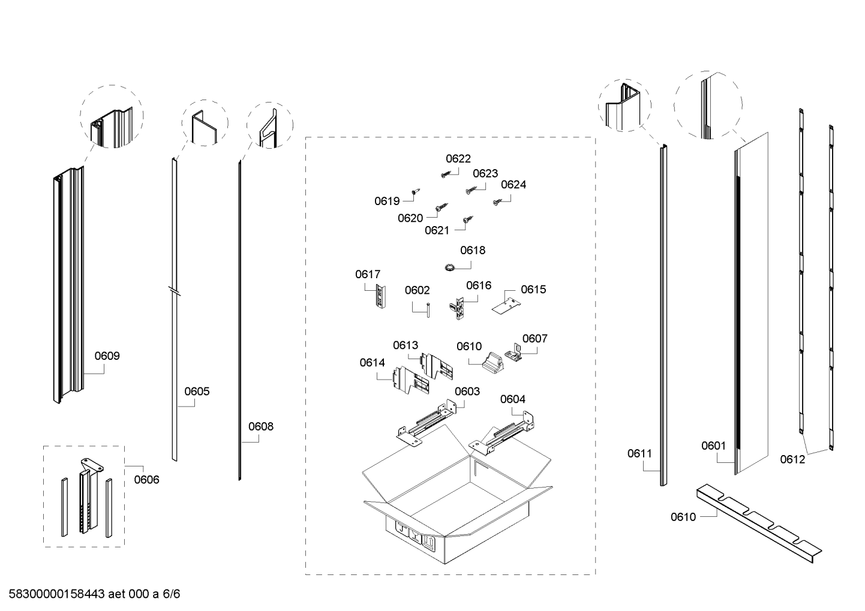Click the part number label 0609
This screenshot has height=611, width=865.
coord(107,356)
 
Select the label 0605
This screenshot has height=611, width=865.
coord(197,392)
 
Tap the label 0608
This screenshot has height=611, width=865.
coord(260,426)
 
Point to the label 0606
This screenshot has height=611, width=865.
coord(146,479)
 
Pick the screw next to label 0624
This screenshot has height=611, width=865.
coord(497,203)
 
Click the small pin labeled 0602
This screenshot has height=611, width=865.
coord(430,310)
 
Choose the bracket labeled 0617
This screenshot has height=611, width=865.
coord(380,297)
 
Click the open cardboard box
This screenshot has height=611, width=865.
coord(456,498)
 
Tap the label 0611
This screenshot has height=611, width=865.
coord(639,453)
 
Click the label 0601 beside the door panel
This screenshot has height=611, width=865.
coord(713,446)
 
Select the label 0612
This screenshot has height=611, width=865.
coord(792,459)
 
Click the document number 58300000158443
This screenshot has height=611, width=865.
coord(57,594)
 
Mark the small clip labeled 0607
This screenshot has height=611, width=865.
coord(516,353)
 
